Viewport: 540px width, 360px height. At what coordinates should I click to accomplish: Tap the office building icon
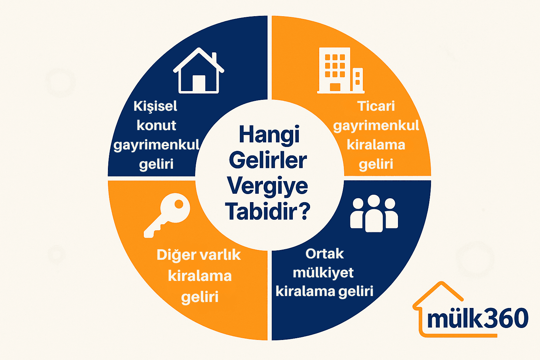[340, 70]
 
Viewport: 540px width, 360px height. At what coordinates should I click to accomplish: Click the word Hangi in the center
[269, 135]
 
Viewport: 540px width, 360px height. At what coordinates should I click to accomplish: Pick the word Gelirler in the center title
[268, 160]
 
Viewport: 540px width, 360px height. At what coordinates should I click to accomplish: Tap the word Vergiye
[268, 186]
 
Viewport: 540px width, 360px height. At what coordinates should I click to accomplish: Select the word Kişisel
[155, 106]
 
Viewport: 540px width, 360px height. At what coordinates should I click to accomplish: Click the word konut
[156, 126]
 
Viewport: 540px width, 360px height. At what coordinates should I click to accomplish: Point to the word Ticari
[376, 106]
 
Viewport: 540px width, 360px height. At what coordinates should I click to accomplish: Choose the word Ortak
[324, 254]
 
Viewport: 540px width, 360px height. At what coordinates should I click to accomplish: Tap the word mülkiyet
[323, 273]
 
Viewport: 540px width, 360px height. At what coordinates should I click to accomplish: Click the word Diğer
[176, 255]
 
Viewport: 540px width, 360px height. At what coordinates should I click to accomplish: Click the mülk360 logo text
[477, 319]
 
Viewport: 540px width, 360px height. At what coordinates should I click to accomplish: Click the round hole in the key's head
[179, 204]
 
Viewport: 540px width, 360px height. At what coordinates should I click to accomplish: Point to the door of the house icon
[199, 84]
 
